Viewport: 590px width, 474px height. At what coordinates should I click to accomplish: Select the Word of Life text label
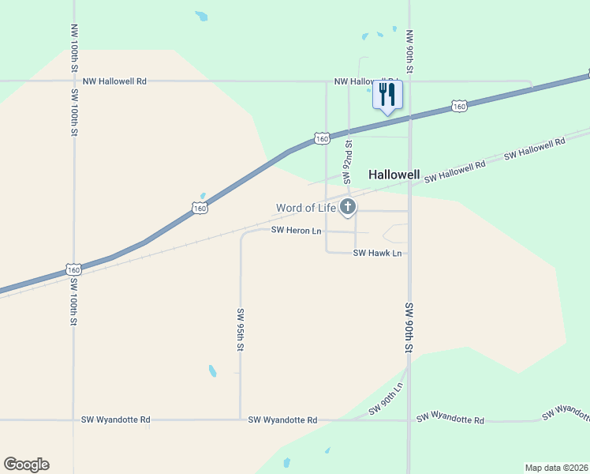pos(305,209)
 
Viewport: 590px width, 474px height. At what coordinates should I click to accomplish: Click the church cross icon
pos(347,208)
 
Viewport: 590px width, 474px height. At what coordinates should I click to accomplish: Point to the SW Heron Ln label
pos(296,231)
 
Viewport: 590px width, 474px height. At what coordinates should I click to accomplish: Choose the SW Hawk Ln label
pos(378,254)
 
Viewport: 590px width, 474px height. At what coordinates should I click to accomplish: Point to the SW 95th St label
pos(240,329)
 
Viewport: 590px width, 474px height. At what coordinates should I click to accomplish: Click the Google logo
pos(26,465)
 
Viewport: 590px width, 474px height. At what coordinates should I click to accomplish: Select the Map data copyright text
pos(556,468)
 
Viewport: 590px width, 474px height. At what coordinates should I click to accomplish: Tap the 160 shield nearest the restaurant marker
pos(459,105)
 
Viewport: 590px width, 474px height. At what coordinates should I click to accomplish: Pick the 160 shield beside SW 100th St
pos(73,269)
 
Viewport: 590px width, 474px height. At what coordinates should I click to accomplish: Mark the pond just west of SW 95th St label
pos(212,371)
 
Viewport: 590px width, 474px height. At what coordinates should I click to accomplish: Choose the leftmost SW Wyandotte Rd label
pos(115,420)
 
